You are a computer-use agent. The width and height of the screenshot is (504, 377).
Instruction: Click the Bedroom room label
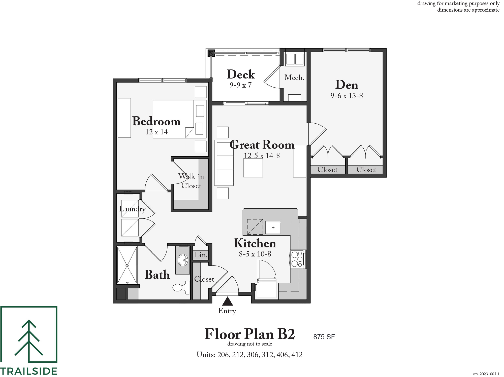[156, 121]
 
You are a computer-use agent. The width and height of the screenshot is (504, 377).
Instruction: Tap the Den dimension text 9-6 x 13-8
[347, 96]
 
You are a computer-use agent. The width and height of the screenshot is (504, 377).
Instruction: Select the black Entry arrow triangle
[227, 301]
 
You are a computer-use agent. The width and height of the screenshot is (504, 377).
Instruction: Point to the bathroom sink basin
[183, 260]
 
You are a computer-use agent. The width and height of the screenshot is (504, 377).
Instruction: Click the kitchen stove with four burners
[297, 259]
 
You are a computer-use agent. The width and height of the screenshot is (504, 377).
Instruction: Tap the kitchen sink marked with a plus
[273, 228]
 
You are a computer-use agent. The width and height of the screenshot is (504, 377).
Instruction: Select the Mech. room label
[294, 78]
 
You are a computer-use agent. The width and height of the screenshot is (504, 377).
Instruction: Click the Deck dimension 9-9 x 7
[240, 85]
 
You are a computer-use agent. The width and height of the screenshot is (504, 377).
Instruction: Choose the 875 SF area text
[324, 337]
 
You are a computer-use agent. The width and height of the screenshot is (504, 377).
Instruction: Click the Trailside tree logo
[29, 334]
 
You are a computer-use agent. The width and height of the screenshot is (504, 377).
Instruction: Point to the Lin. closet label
[201, 255]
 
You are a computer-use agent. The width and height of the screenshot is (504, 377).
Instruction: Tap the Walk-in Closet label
[191, 181]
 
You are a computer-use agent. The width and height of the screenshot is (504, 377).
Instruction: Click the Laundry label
[133, 209]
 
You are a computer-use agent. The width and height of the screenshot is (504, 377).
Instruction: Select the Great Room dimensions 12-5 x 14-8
[262, 156]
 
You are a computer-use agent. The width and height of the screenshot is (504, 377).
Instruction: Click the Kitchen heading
[255, 243]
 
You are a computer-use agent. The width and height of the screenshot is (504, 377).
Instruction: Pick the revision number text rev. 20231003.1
[486, 374]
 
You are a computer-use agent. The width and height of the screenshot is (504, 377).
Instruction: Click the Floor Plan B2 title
[250, 334]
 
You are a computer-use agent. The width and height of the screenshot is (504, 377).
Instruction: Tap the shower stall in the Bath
[127, 265]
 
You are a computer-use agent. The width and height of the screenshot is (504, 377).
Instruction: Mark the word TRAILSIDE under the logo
[29, 371]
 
